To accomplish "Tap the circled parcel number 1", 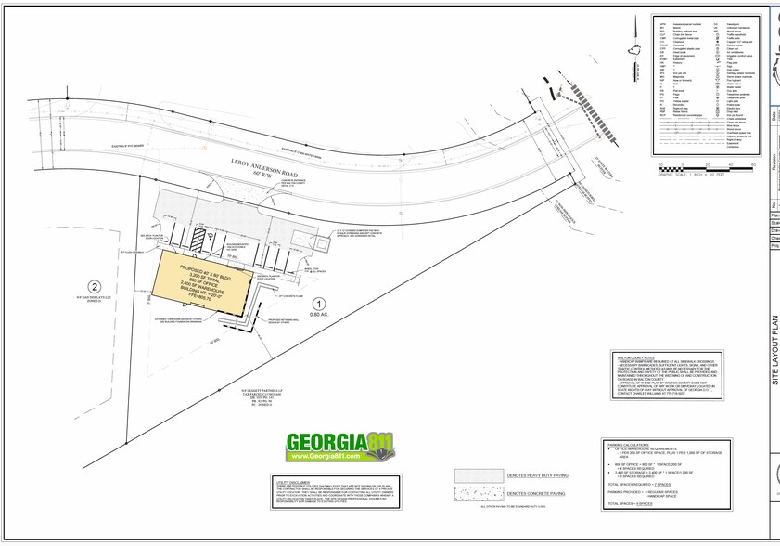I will pyautogui.click(x=317, y=303).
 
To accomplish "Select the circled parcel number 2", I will pyautogui.click(x=93, y=287).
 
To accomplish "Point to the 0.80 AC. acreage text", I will pyautogui.click(x=318, y=316).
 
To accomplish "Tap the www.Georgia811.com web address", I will pyautogui.click(x=337, y=457).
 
